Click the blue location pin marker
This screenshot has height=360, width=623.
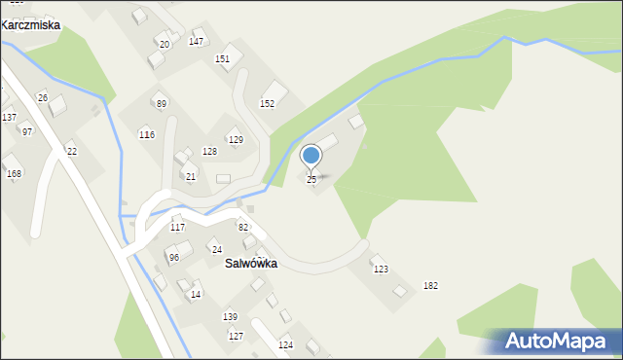pos(311,157)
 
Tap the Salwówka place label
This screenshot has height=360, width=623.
pos(250,264)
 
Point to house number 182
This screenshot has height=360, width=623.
pos(430,285)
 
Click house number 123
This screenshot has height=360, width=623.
pos(381,270)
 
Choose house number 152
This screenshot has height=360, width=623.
pos(267,103)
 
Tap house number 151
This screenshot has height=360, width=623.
pos(222,58)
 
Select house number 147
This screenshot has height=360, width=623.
pos(196,41)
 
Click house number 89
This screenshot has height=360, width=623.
pos(162,104)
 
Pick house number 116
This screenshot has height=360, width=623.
pos(147,134)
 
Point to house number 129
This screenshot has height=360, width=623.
pos(236,140)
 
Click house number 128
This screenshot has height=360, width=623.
pos(209,152)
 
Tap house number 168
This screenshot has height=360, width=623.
pos(14,174)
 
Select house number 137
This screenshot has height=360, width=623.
pos(9,117)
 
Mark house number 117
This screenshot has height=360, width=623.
pos(177,227)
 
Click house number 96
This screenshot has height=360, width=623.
pos(173,258)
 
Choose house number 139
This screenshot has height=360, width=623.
pos(230,317)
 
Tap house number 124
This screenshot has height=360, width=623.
pos(285,344)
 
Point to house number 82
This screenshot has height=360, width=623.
pos(243,227)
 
